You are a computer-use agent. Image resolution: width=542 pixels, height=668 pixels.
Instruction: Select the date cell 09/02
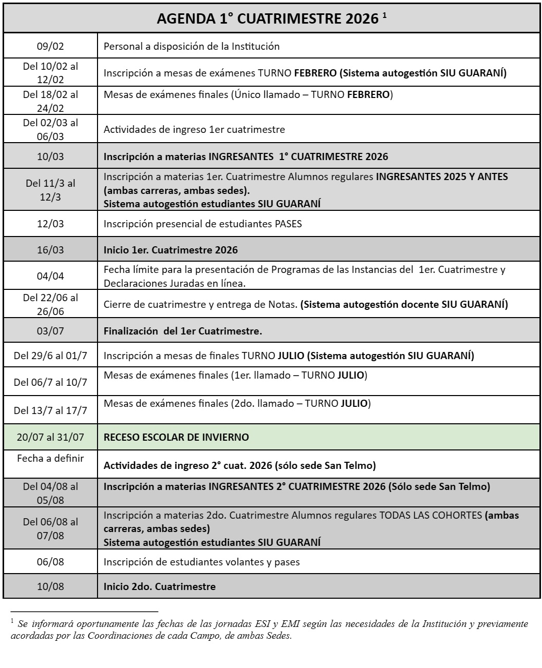(50, 46)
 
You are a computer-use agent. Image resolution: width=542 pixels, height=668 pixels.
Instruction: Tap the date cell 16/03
(50, 250)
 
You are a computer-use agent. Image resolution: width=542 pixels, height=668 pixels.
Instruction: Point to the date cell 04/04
(50, 276)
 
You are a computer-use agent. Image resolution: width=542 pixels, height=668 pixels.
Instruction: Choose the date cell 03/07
(50, 331)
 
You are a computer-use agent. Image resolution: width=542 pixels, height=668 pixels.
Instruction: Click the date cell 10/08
(50, 586)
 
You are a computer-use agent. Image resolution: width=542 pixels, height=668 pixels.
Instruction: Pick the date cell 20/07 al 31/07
(50, 437)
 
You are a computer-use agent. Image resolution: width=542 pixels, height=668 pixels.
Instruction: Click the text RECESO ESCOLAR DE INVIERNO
(176, 437)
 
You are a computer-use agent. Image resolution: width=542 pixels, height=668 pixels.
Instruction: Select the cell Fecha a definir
(50, 458)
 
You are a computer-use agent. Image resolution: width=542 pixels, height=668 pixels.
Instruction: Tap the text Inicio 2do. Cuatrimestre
(159, 586)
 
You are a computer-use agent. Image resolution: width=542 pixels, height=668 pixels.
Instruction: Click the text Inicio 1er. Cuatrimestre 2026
(170, 250)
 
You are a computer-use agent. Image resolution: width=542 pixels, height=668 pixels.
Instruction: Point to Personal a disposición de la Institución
(191, 46)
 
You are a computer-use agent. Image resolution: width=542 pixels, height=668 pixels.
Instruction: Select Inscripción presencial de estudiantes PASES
(203, 224)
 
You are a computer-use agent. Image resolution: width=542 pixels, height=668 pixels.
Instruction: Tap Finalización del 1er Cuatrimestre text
(183, 331)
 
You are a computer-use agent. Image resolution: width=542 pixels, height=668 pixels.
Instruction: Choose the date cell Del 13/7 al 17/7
(50, 410)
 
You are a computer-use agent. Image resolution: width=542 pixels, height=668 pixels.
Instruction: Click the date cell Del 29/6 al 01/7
(50, 356)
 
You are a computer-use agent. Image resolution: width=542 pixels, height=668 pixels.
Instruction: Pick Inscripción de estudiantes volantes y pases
(202, 562)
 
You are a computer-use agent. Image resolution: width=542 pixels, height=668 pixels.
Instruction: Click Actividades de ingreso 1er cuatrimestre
(194, 129)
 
